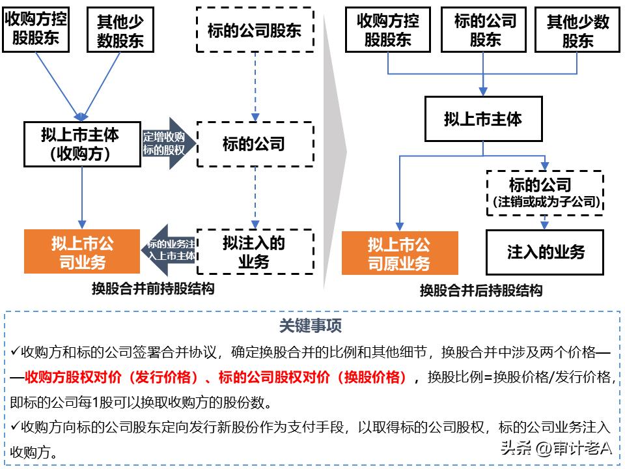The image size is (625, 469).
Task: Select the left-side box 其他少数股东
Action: click(x=120, y=30)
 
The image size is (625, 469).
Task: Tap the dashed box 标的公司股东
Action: click(x=255, y=30)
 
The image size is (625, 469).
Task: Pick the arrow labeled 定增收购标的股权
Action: click(x=165, y=143)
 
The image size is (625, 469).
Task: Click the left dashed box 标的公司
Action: click(x=255, y=144)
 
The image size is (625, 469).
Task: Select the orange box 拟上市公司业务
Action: click(x=82, y=252)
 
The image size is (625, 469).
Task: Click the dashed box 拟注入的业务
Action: click(x=255, y=251)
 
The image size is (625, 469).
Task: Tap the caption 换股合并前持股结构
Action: click(x=153, y=288)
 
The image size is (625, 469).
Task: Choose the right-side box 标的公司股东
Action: click(x=485, y=30)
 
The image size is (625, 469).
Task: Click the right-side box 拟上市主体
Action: click(x=483, y=119)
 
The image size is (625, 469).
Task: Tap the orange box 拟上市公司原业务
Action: click(x=399, y=253)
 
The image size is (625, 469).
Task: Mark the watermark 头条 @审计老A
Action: click(x=557, y=448)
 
